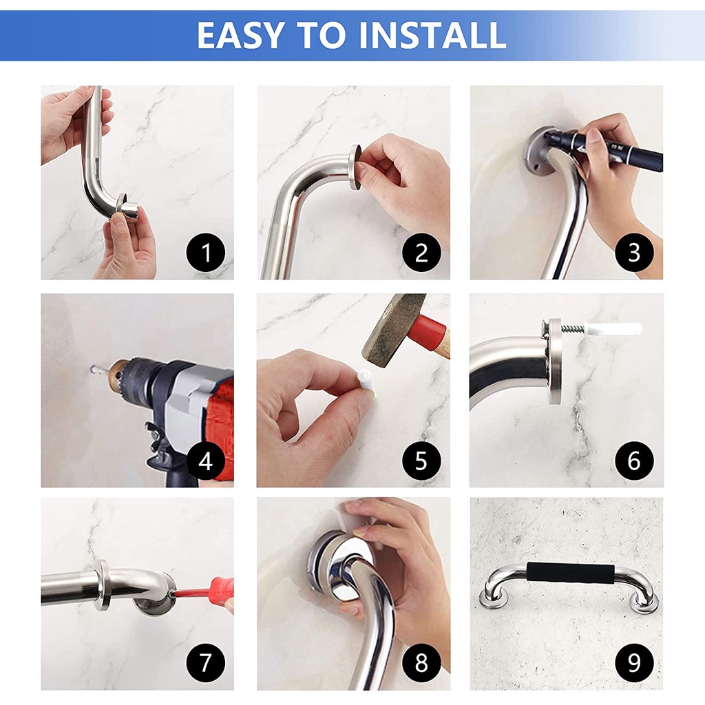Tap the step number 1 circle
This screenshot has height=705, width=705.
click(206, 252)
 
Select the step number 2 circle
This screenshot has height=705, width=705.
click(421, 252)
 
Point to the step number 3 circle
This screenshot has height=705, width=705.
click(634, 252)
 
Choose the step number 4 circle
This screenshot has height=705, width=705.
click(206, 461)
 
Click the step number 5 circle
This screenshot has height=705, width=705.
click(421, 461)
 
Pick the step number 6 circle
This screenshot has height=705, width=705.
click(634, 461)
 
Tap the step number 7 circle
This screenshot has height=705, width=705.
click(206, 663)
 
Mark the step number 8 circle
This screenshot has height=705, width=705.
click(421, 663)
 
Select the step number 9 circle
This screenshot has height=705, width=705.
click(634, 663)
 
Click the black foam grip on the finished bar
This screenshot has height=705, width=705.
click(570, 573)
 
